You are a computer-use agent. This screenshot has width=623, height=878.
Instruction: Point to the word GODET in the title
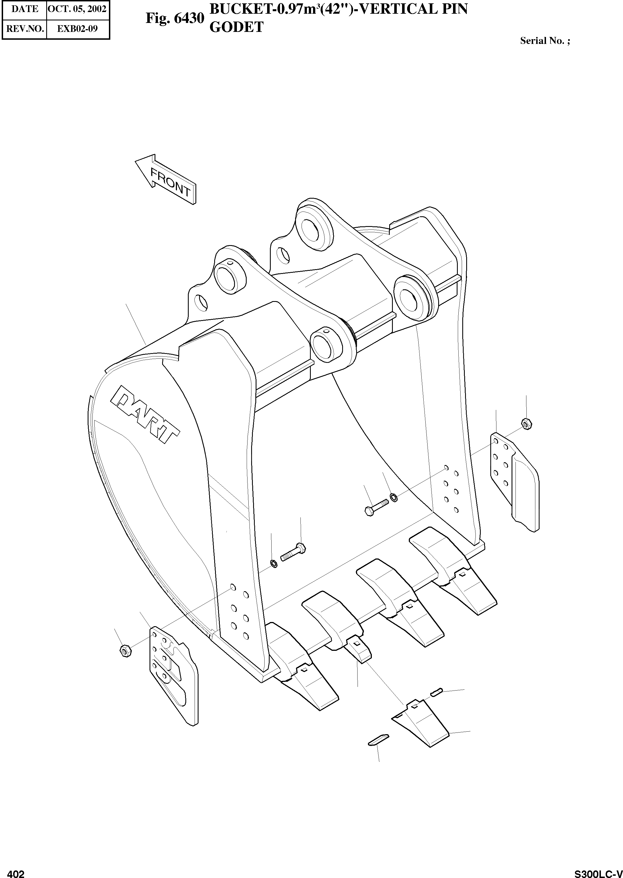[x=236, y=27]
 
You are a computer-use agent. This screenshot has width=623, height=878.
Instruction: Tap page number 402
[x=16, y=871]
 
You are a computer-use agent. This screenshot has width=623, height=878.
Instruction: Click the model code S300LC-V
[x=598, y=871]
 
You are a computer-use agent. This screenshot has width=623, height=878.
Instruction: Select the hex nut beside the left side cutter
[x=125, y=650]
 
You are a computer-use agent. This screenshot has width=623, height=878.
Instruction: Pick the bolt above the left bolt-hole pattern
[x=293, y=553]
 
